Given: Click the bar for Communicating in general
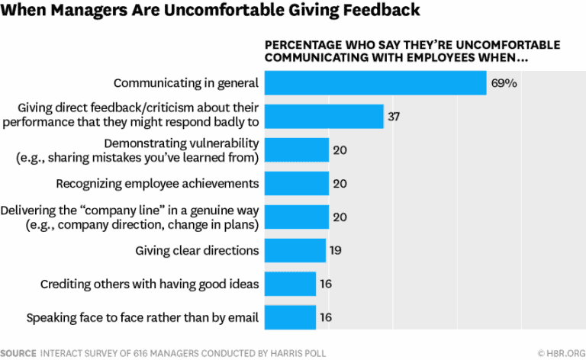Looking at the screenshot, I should [x=375, y=82].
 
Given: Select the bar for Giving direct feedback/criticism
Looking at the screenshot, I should [x=324, y=117].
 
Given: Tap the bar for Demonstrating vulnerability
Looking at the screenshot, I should [x=296, y=150].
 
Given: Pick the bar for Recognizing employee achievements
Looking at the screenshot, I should [x=296, y=184].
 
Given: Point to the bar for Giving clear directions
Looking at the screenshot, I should [x=295, y=250].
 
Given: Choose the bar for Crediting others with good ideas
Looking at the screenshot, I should [x=290, y=284].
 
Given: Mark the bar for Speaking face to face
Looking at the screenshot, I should [x=290, y=317].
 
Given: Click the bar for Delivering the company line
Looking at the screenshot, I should [x=296, y=217].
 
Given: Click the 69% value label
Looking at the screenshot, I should [x=504, y=82].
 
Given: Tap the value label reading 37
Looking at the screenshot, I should [x=394, y=117].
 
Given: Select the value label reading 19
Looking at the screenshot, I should [x=336, y=250].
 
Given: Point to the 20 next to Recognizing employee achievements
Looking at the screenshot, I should [x=340, y=184].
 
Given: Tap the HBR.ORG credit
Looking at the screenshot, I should [x=560, y=352].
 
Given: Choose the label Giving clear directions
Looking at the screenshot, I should [x=197, y=250].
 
